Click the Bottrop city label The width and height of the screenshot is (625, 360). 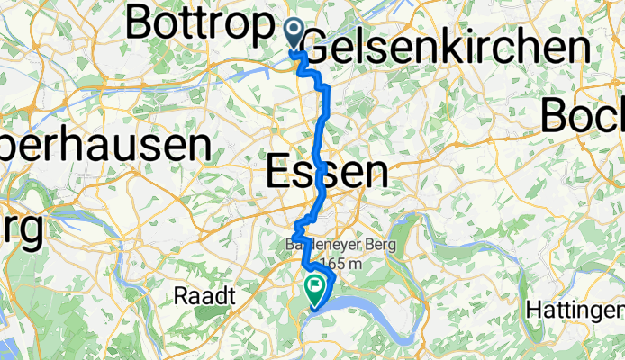198,23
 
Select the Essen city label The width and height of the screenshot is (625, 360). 328,171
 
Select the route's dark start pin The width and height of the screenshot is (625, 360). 294,33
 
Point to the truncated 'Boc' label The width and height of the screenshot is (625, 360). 583,113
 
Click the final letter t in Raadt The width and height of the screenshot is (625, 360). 231,296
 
